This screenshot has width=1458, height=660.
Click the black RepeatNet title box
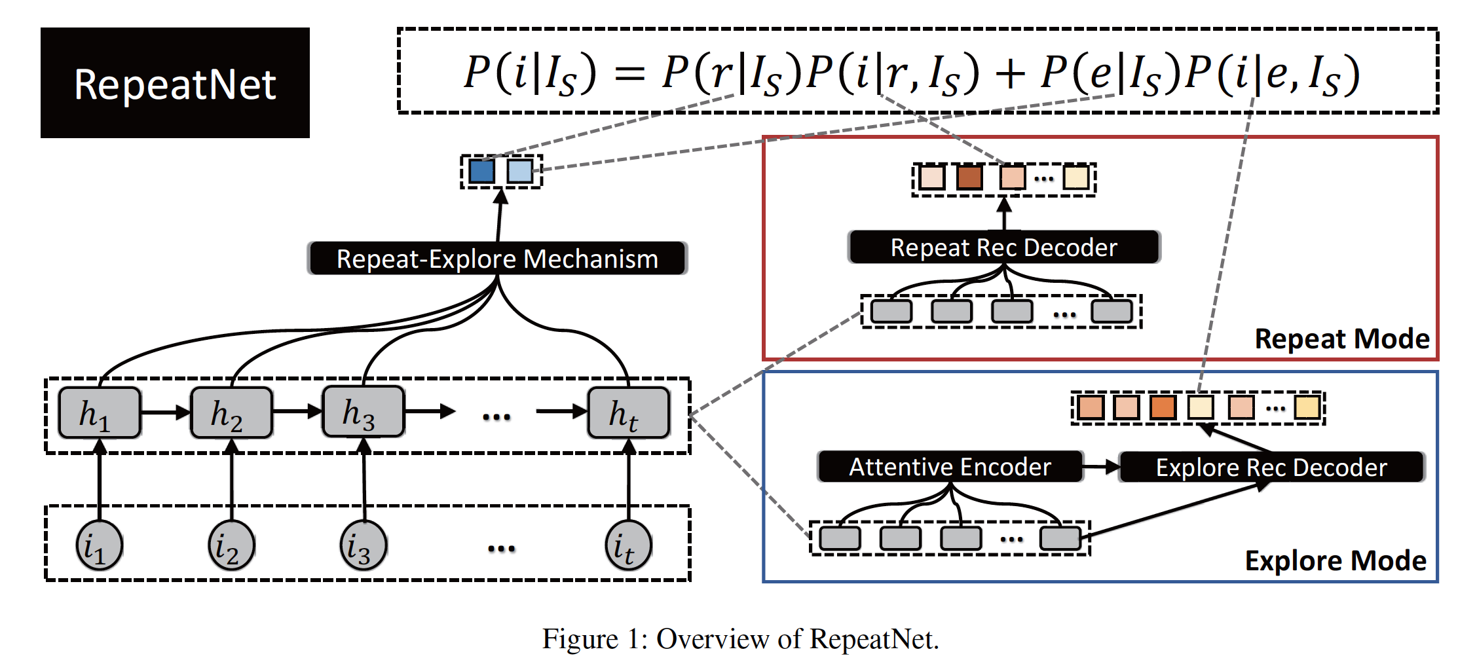(175, 82)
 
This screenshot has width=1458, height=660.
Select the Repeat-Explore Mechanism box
(497, 259)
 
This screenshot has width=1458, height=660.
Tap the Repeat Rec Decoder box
(1003, 247)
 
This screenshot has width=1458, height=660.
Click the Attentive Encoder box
(950, 467)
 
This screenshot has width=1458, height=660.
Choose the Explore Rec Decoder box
(1271, 467)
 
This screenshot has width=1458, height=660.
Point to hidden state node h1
(100, 412)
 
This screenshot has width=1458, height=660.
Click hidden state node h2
(231, 412)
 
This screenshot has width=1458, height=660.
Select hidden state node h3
(363, 412)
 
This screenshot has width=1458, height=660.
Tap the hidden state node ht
(628, 412)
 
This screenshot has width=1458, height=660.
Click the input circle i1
(100, 545)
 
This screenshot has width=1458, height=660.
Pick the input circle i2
(231, 545)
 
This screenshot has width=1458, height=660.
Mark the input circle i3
(363, 545)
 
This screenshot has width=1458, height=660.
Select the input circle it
(628, 545)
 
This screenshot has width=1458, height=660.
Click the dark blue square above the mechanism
(482, 172)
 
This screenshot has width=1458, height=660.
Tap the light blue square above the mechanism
(520, 172)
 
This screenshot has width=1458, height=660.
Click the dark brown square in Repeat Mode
(969, 177)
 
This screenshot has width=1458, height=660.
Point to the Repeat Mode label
(1341, 339)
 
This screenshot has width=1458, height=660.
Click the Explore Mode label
(1335, 561)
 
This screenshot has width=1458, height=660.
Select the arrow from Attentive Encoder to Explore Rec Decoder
(1100, 467)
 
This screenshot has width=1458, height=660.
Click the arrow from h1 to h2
(165, 412)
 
